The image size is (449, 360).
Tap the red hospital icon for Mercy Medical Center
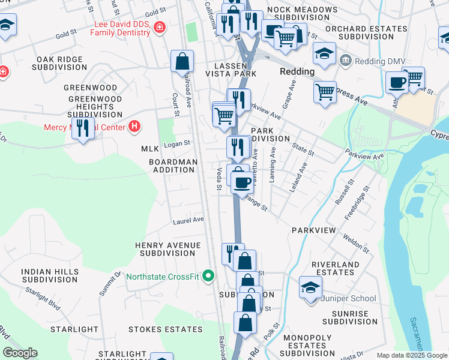pyautogui.click(x=135, y=127)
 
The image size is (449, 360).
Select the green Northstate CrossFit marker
pyautogui.click(x=208, y=276)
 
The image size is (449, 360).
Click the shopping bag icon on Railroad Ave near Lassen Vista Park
pyautogui.click(x=182, y=61)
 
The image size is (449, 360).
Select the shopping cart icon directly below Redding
pyautogui.click(x=325, y=92)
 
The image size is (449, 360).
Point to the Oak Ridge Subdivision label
pyautogui.click(x=62, y=64)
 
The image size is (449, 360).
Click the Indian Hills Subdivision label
pyautogui.click(x=50, y=276)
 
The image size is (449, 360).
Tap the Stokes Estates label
pyautogui.click(x=165, y=329)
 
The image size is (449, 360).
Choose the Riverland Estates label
pyautogui.click(x=336, y=268)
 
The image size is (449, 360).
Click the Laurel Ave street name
pyautogui.click(x=188, y=220)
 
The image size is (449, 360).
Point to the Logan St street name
pyautogui.click(x=177, y=143)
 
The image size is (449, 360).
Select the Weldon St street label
pyautogui.click(x=356, y=239)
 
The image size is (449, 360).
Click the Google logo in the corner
pyautogui.click(x=20, y=353)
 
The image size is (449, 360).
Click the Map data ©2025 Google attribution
pyautogui.click(x=411, y=355)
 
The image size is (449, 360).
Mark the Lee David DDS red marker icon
pyautogui.click(x=159, y=27)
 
